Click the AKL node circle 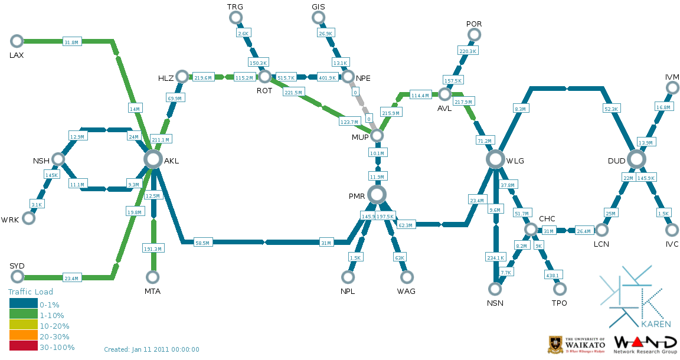(153, 159)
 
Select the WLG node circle (495, 159)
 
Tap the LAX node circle (17, 41)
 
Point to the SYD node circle (17, 277)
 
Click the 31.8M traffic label (71, 41)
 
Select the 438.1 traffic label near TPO (552, 274)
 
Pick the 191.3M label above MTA (153, 249)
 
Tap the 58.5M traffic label (204, 242)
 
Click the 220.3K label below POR (467, 51)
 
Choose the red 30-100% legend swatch (23, 347)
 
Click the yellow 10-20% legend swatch (23, 325)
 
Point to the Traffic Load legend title (30, 292)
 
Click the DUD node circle (636, 159)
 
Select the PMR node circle (377, 194)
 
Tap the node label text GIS (318, 6)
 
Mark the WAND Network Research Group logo (645, 345)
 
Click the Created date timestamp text (152, 349)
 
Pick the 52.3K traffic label (611, 109)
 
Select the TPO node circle (560, 289)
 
